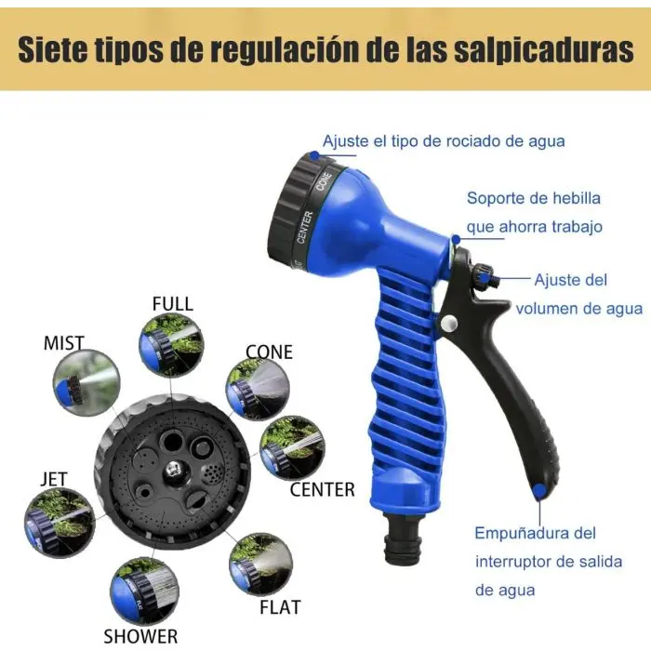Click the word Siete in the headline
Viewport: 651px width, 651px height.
pos(52,50)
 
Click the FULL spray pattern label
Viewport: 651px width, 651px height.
pos(173,304)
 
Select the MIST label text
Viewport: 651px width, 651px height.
pos(64,343)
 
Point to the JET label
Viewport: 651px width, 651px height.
pos(54,479)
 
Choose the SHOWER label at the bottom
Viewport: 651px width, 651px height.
pos(140,636)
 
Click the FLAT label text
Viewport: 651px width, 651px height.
pos(280,607)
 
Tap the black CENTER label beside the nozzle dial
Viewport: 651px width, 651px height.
pos(322,489)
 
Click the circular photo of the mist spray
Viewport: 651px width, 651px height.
pos(86,383)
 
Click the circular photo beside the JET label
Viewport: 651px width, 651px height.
pos(60,523)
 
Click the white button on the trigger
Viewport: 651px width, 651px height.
pos(448,323)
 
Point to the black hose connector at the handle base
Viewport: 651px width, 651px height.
pos(403,539)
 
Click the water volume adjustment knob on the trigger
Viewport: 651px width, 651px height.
pos(485,275)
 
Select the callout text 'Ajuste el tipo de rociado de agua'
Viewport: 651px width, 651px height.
pos(444,141)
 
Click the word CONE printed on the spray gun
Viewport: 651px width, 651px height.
pos(325,181)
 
